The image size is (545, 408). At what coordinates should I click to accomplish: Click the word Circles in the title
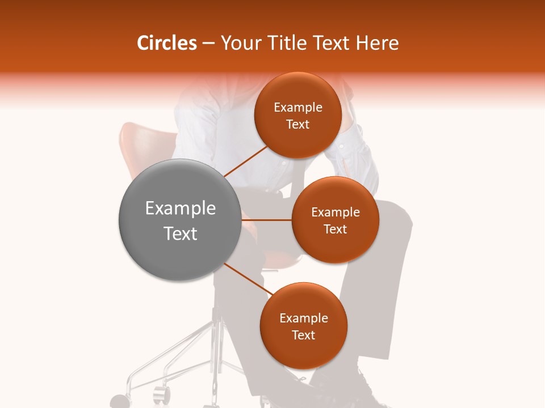166,43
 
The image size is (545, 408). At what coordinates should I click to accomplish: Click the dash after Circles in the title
208,44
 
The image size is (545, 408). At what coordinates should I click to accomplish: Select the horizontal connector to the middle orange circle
266,219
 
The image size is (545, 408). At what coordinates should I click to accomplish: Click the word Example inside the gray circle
181,209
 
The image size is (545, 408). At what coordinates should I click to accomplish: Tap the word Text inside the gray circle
181,233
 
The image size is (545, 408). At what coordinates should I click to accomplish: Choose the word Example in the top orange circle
298,108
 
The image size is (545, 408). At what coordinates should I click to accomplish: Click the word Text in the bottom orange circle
303,335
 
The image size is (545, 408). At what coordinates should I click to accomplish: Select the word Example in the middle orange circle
335,212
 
